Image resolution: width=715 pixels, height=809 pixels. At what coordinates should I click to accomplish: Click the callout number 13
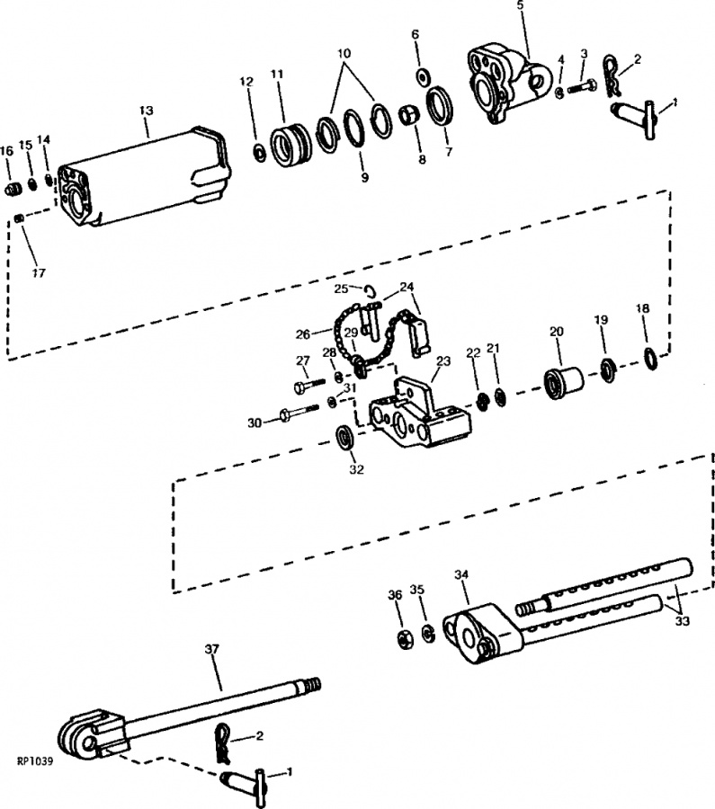(x=146, y=111)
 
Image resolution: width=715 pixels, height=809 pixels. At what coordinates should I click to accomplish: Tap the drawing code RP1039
(x=35, y=762)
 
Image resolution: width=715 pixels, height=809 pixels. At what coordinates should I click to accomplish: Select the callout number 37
(x=212, y=649)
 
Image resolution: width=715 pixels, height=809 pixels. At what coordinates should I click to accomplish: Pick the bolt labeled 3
(x=582, y=85)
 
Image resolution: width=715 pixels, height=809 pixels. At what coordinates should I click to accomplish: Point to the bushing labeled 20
(x=563, y=383)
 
